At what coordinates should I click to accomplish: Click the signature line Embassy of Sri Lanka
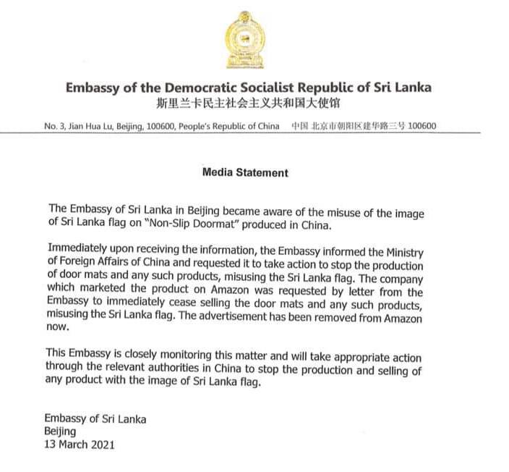click(95, 419)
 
